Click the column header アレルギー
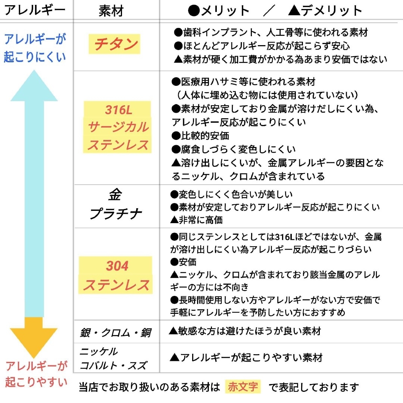pos(35,10)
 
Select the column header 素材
pos(111,11)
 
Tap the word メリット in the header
pos(225,10)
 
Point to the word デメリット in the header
pos(332,10)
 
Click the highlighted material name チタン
pos(116,44)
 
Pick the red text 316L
pos(119,110)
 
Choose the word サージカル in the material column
pos(118,127)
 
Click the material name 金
pos(115,194)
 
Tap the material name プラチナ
pos(115,213)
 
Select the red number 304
pos(117,266)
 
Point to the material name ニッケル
pos(99,352)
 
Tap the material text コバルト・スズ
pos(113,365)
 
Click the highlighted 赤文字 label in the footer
pos(243,386)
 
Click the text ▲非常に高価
pos(196,220)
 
